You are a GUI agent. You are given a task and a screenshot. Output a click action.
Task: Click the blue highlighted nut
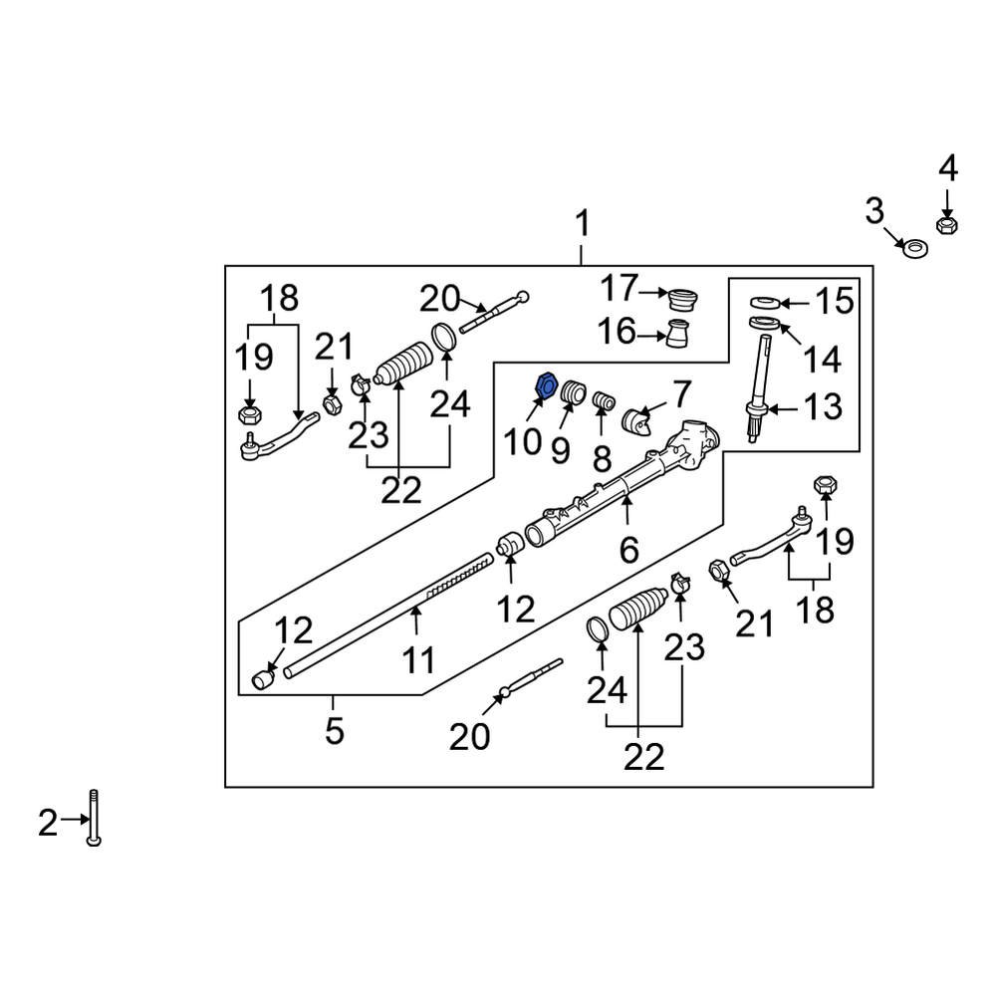[x=545, y=384]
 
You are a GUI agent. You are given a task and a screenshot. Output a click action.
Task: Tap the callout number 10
[x=522, y=441]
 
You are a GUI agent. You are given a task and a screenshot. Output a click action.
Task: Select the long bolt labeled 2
[x=93, y=817]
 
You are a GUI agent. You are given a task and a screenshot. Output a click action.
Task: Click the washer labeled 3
[x=910, y=246]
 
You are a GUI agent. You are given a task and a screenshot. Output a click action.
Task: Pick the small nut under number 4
[x=948, y=226]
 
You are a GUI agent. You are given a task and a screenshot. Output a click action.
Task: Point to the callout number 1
[x=582, y=224]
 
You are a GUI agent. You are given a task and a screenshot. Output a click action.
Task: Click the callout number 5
[x=334, y=732]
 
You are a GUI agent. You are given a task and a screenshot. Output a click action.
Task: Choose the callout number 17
[x=618, y=291]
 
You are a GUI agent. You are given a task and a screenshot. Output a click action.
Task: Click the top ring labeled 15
[x=764, y=302]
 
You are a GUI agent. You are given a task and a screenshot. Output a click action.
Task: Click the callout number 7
[x=680, y=395]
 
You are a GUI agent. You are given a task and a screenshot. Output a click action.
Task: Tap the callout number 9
[x=560, y=449]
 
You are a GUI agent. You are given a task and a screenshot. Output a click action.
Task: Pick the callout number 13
[x=823, y=406]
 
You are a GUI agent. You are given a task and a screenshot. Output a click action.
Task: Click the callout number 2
[x=48, y=823]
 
